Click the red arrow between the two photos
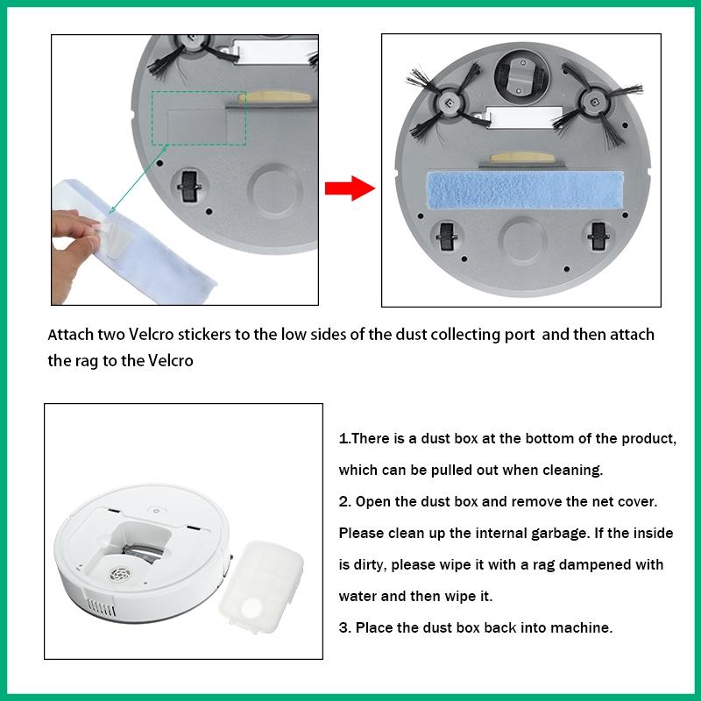350,188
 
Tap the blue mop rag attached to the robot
525,190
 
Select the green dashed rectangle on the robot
199,118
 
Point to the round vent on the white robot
120,574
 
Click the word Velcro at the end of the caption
171,361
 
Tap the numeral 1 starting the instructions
343,439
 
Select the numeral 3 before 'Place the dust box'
343,627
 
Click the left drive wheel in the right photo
446,237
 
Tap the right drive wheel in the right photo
598,236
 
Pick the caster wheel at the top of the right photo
522,76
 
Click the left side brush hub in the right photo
449,103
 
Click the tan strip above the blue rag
521,158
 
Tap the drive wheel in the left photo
189,186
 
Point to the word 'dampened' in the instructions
594,564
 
